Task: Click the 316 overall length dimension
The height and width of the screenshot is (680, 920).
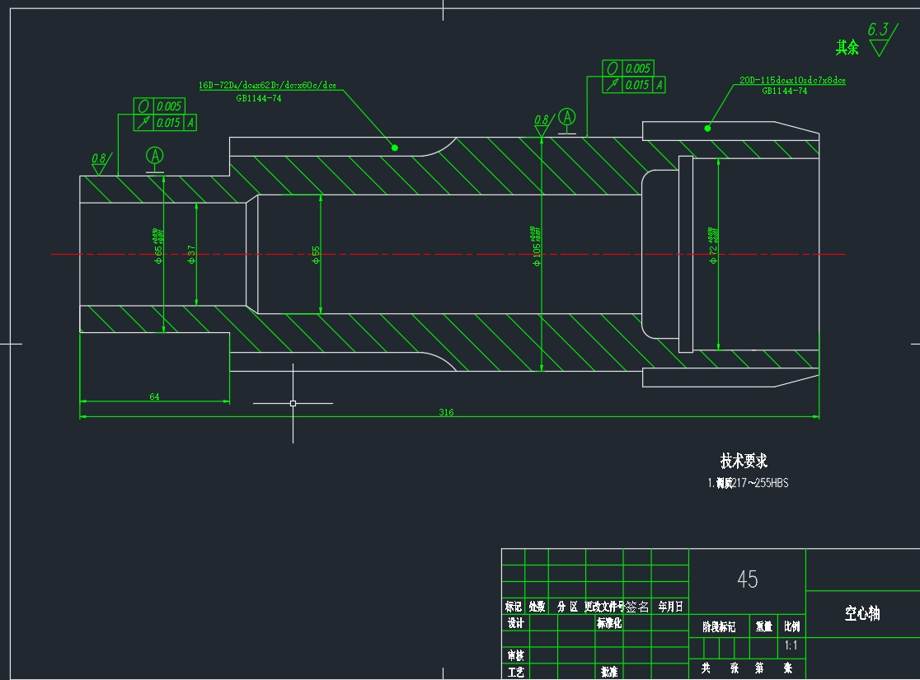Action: pos(446,412)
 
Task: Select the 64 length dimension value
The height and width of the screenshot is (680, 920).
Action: pos(154,396)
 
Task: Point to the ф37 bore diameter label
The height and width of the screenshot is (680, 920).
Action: pos(191,255)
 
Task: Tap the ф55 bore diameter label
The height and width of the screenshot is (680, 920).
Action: pos(316,255)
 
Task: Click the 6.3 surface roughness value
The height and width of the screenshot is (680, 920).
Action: pos(878,30)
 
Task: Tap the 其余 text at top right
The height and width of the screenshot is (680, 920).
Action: pos(847,48)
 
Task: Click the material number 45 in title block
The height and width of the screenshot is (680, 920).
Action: pos(747,579)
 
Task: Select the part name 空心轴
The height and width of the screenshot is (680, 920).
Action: pos(861,613)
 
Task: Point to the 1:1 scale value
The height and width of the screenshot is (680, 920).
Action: pos(791,647)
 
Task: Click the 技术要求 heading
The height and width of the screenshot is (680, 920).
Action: pos(744,461)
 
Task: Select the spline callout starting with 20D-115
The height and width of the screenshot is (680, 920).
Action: pos(791,81)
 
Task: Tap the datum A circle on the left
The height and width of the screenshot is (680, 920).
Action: pos(155,155)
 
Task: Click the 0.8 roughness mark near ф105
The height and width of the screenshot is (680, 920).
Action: pos(541,120)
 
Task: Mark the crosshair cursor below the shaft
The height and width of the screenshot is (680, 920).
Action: pos(293,403)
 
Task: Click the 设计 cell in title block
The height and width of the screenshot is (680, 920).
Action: pos(515,623)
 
